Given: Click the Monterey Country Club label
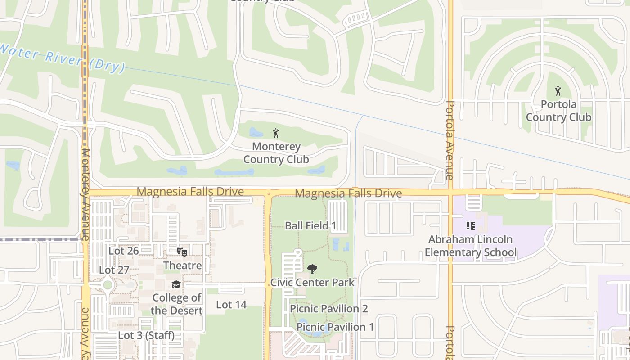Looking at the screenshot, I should [x=276, y=153].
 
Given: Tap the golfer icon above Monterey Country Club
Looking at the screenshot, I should [x=276, y=133].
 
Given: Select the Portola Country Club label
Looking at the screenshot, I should [x=558, y=111].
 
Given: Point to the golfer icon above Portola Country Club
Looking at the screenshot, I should [x=558, y=91].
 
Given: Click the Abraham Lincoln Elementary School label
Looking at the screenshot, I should [x=471, y=246].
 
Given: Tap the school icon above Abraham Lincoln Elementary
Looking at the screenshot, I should [x=471, y=226].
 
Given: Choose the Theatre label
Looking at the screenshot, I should [x=182, y=265].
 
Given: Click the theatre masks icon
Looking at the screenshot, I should [x=182, y=252].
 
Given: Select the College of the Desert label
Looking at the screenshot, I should [x=176, y=304].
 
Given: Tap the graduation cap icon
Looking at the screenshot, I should [x=176, y=285].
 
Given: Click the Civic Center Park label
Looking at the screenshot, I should [x=312, y=283].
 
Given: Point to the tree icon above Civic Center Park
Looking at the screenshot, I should [x=312, y=270].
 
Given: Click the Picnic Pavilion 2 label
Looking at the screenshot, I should [x=329, y=309].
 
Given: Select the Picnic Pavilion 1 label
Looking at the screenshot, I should [x=335, y=327].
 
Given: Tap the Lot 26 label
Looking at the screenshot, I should [x=123, y=251].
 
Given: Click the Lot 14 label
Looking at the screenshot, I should [x=231, y=305].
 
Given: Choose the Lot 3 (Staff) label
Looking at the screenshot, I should [x=146, y=336].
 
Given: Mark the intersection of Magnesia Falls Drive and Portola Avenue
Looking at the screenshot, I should [x=450, y=192].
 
